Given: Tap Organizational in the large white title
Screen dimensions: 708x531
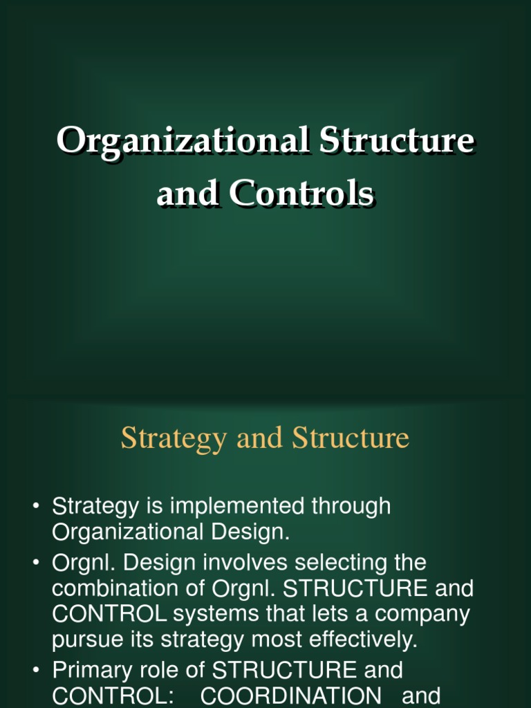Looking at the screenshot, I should click(182, 141).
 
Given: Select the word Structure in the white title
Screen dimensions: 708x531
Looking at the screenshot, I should click(395, 141).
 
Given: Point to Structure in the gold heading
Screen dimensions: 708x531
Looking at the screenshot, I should click(351, 438).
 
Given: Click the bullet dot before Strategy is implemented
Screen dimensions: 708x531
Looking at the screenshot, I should click(36, 507).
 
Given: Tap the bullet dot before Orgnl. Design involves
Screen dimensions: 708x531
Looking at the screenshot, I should click(36, 562).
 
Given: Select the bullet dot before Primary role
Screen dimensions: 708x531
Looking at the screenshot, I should click(36, 671).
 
